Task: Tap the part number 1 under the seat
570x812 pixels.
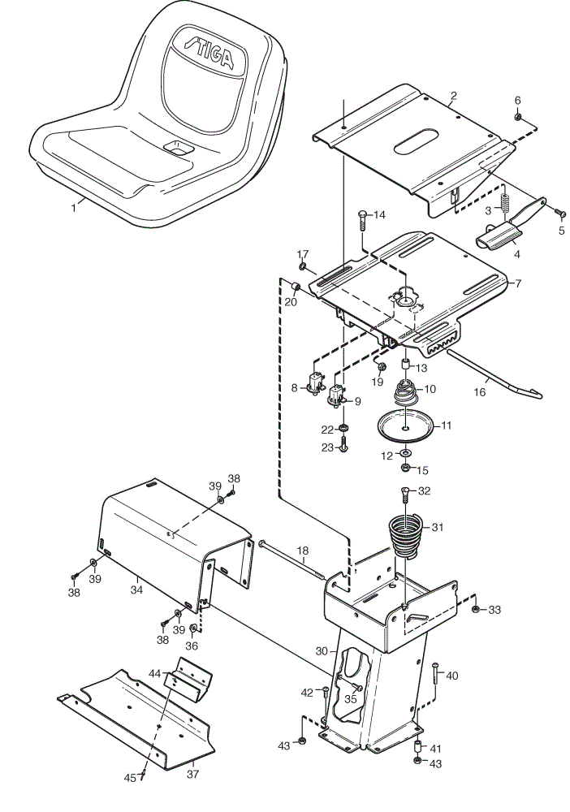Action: click(x=74, y=208)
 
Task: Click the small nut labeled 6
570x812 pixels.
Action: click(x=516, y=117)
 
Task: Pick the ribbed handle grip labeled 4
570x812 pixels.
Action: click(x=497, y=237)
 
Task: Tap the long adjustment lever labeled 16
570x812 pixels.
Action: click(x=495, y=374)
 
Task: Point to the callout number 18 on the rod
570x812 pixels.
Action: click(x=302, y=550)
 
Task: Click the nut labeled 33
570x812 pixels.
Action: click(x=475, y=609)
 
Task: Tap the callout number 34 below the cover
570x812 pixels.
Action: click(x=136, y=590)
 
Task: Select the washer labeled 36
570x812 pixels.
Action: click(x=193, y=628)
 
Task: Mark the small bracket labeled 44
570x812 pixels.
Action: click(x=188, y=678)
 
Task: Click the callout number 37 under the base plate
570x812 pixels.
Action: click(x=192, y=774)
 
